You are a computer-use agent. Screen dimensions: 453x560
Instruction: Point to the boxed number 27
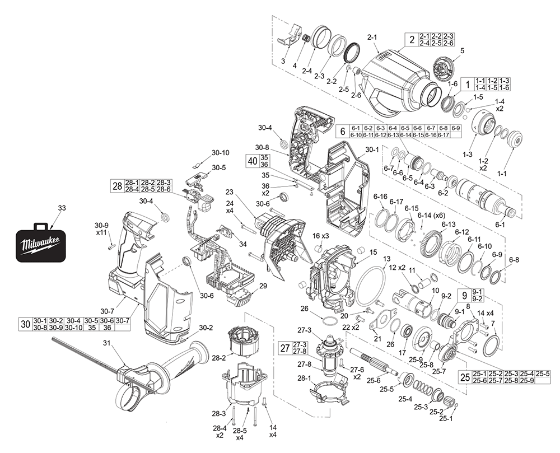pos(285,348)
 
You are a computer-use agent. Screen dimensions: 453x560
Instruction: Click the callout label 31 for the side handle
pos(107,343)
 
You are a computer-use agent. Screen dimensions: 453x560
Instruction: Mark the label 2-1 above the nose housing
pos(373,37)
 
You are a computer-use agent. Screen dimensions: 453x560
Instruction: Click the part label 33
pos(62,208)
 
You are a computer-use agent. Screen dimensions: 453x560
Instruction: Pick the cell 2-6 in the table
pos(449,43)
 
